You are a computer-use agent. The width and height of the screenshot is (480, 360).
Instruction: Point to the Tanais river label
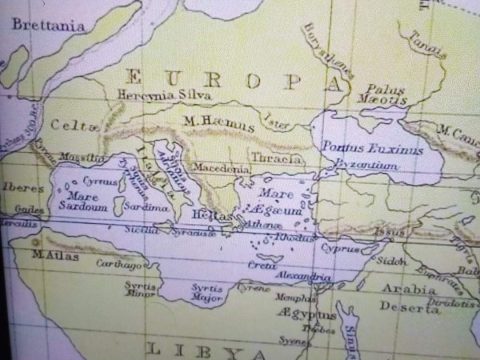coord(429,43)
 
